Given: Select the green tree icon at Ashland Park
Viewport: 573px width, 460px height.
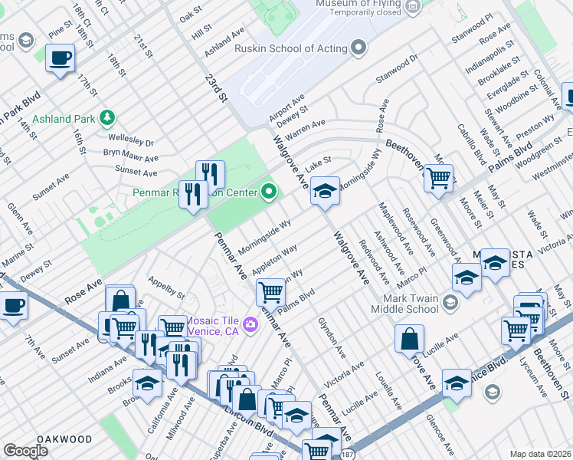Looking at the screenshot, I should tap(108, 117).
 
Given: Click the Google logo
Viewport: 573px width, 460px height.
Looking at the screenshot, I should tap(25, 451).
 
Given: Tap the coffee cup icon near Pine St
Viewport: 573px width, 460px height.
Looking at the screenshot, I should tap(60, 58).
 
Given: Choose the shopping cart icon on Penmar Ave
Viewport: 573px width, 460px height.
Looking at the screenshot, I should tap(270, 291).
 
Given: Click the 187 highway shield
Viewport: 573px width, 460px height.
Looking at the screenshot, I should tap(348, 453).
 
